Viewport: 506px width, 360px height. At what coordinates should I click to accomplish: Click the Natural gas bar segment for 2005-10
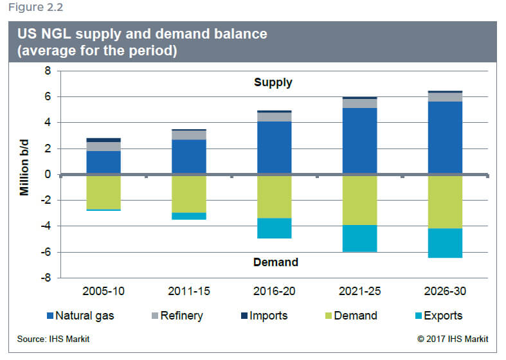(104, 162)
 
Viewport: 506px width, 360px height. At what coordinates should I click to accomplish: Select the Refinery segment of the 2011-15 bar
(189, 135)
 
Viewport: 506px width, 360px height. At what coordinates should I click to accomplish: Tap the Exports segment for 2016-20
(275, 228)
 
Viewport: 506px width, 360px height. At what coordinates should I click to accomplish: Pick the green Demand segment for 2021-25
(360, 201)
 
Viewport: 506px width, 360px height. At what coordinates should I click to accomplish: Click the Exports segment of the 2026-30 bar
(445, 243)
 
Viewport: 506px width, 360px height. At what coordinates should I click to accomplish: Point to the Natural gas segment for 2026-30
(445, 138)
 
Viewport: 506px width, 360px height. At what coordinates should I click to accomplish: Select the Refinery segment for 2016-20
(275, 117)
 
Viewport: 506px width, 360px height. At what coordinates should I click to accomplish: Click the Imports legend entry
(264, 316)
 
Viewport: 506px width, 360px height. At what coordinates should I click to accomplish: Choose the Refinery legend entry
(177, 316)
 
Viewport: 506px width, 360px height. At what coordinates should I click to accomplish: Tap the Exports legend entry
(439, 316)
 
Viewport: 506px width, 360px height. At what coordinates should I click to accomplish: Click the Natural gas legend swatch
(50, 316)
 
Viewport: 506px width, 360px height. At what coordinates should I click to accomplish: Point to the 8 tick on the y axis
(48, 71)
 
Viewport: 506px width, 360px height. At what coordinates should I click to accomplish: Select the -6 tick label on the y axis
(46, 252)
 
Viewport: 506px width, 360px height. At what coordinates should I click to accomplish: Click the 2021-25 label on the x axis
(360, 291)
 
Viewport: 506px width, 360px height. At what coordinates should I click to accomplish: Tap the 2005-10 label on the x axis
(104, 291)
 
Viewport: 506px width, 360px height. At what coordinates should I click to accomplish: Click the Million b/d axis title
(24, 167)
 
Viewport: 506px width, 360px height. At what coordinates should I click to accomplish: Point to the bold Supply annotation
(273, 82)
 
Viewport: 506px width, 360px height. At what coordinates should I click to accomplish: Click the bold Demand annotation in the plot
(276, 262)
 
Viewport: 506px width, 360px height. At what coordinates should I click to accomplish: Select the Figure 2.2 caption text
(35, 7)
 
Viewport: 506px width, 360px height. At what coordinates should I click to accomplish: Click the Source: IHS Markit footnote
(53, 339)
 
